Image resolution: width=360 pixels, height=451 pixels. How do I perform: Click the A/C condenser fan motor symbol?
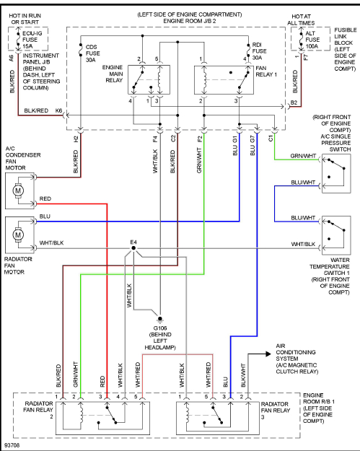[x=18, y=191]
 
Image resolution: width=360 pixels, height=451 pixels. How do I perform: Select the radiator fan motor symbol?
[x=18, y=235]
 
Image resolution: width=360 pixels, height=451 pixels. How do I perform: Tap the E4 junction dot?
[x=133, y=248]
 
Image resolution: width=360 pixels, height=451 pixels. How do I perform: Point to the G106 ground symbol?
[x=160, y=319]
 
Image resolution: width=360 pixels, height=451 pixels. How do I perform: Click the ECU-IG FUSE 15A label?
[x=32, y=40]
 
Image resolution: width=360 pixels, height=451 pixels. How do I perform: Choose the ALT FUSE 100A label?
[x=312, y=40]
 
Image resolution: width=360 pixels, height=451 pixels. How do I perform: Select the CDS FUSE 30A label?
[x=93, y=53]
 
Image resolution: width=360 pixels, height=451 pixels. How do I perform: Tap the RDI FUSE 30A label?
[x=260, y=51]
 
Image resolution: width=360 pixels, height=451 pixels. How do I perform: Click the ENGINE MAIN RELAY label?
[x=113, y=74]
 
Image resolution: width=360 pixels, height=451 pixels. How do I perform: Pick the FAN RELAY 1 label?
[x=266, y=71]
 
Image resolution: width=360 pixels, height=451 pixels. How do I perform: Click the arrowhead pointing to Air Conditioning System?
[x=268, y=354]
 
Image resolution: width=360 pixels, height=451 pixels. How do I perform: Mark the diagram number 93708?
[x=12, y=445]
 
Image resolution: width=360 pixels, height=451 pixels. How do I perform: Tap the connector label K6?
[x=58, y=110]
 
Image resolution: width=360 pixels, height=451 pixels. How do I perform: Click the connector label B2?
[x=294, y=102]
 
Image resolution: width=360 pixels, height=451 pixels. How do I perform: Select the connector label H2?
[x=76, y=139]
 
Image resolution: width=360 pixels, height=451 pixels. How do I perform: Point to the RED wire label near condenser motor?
[x=45, y=198]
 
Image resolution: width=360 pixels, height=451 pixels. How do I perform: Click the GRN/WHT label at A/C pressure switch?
[x=303, y=156]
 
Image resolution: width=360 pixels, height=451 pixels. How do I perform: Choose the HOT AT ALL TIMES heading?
[x=301, y=19]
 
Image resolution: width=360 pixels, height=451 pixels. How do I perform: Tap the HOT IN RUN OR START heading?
[x=25, y=19]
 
